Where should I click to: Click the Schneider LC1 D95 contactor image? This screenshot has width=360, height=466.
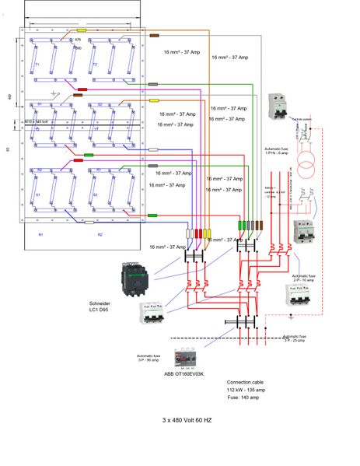(x=133, y=279)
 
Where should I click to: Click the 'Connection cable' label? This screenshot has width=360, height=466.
(x=245, y=383)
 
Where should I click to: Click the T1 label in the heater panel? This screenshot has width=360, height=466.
(x=37, y=65)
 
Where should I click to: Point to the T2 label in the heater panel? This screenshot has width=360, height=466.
(x=94, y=65)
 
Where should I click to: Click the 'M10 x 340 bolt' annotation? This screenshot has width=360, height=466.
(x=36, y=121)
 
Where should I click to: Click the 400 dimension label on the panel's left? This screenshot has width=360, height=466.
(x=9, y=97)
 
